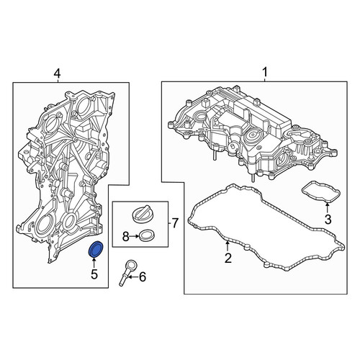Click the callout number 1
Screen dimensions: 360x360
pos(265,72)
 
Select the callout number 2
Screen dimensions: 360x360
pos(228,258)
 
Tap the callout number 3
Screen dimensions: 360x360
pos(328,219)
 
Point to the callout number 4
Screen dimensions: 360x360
pos(57,73)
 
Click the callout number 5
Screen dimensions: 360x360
pos(94,274)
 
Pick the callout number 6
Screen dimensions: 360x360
pos(143,277)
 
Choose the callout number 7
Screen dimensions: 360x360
pos(176,223)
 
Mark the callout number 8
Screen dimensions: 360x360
pos(126,237)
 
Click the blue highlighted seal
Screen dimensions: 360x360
pos(96,249)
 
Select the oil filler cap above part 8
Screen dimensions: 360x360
pos(142,214)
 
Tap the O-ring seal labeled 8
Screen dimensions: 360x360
pos(147,235)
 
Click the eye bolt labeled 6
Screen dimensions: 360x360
pos(127,272)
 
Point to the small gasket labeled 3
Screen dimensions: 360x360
pos(321,192)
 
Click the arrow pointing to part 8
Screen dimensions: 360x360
pos(134,237)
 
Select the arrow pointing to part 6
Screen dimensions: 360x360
pos(134,277)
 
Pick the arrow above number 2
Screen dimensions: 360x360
pos(228,247)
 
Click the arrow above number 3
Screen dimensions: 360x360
pos(328,208)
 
